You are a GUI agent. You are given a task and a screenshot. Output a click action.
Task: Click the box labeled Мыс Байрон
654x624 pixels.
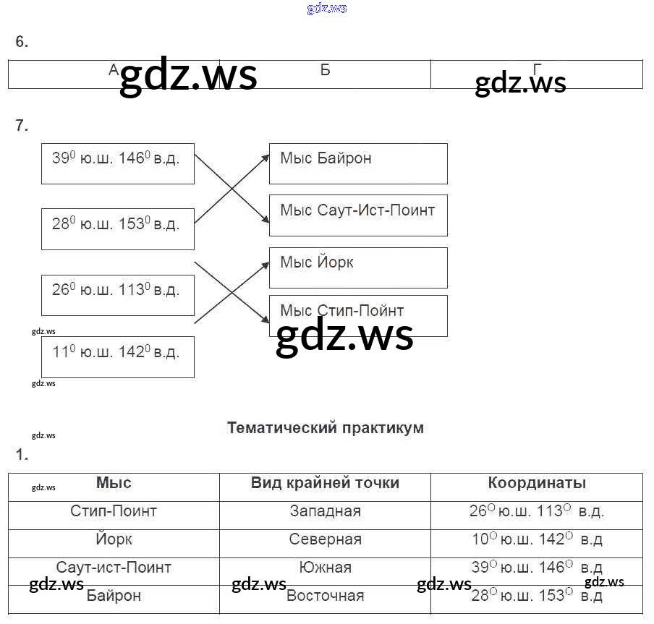357,163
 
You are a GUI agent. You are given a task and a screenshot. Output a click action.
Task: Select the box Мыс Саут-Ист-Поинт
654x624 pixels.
357,215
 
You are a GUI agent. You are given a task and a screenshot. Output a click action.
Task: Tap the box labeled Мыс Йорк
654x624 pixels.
357,267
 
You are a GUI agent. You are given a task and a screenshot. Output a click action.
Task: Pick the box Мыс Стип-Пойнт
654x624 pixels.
357,315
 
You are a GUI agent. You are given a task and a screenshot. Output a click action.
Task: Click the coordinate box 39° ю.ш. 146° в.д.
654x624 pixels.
118,163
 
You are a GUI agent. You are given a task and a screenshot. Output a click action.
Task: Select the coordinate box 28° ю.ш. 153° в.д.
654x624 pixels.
118,228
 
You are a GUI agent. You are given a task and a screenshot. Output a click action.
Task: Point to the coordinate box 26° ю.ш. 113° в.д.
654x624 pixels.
118,294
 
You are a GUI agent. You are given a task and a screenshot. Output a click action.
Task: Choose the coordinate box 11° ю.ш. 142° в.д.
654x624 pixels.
118,356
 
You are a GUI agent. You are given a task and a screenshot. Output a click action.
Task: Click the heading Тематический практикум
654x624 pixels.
326,427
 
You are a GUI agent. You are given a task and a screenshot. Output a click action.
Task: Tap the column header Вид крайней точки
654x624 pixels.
325,483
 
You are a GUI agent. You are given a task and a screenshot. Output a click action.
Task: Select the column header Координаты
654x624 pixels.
537,483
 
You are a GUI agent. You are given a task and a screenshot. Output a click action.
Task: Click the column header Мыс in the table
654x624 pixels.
114,483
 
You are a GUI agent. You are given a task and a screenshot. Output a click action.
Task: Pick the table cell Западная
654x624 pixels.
325,511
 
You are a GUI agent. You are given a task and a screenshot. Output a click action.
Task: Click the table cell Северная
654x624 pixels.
325,539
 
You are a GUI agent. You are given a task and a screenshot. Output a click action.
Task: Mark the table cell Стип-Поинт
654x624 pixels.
114,511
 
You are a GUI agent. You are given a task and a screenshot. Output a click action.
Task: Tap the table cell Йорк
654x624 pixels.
114,539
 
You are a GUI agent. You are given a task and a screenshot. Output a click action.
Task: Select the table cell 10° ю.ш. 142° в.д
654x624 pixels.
536,539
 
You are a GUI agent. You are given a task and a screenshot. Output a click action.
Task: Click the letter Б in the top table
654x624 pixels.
325,70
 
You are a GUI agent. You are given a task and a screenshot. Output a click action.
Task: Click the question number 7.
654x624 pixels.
22,126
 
